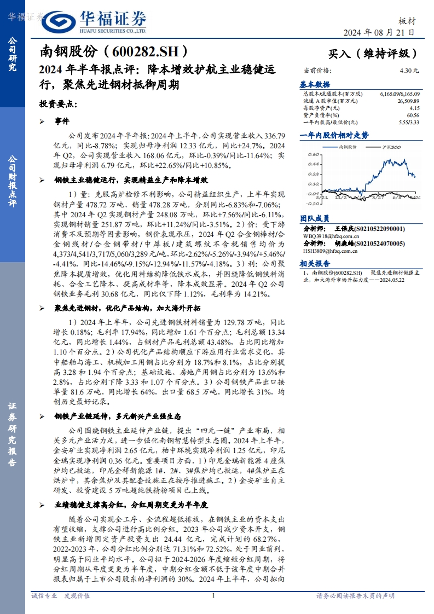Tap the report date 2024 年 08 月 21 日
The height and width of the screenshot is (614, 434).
379,33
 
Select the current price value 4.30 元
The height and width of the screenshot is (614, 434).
409,71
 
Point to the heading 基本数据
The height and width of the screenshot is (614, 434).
315,85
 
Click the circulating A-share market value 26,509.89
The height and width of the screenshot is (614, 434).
408,101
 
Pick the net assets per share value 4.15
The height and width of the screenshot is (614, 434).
414,108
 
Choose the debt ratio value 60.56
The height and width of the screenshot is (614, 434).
413,115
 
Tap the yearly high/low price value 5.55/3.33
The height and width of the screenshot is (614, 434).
409,123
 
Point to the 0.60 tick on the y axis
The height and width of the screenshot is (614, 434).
313,154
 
